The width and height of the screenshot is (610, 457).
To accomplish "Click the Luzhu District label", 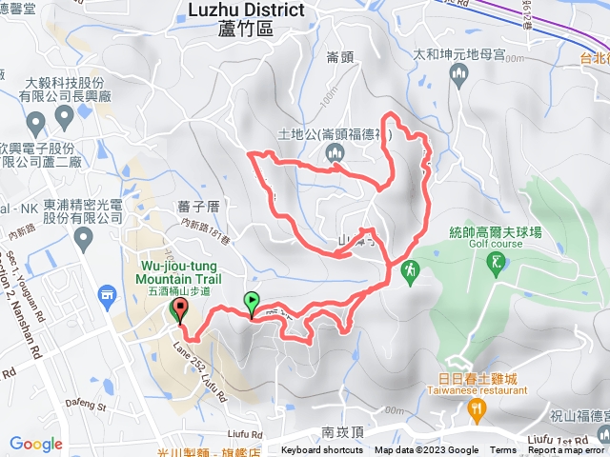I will click(247, 10).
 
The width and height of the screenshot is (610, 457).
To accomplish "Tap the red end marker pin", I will click(179, 311).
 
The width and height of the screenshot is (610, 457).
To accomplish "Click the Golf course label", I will click(492, 243).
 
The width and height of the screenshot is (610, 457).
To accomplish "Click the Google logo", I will click(36, 444).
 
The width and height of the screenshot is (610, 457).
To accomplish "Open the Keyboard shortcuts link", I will click(322, 450).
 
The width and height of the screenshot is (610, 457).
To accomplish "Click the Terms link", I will click(503, 450).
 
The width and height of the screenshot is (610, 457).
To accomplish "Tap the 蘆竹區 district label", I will click(245, 30).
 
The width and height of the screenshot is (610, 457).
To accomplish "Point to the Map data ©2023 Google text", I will click(427, 450).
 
